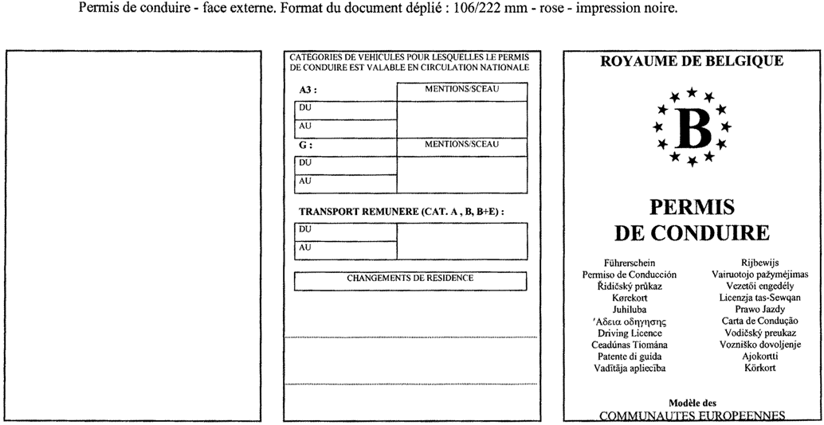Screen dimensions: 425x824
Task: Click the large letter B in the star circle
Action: pyautogui.click(x=691, y=128)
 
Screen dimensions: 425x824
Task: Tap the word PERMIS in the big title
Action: pyautogui.click(x=692, y=208)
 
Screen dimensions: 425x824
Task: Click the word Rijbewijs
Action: pyautogui.click(x=759, y=263)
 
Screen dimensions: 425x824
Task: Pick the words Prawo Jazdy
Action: pyautogui.click(x=759, y=310)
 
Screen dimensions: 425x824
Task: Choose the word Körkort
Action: pyautogui.click(x=759, y=368)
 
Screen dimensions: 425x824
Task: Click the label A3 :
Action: pyautogui.click(x=308, y=91)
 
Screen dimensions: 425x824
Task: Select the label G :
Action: pyautogui.click(x=305, y=146)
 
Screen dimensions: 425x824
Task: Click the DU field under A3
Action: pyautogui.click(x=346, y=110)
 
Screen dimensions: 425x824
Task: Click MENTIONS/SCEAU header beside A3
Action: pyautogui.click(x=461, y=89)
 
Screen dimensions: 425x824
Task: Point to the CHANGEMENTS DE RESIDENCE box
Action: pyautogui.click(x=410, y=280)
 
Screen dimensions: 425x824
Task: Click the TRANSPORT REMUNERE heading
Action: pyautogui.click(x=402, y=212)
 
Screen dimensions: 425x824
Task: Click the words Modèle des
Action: pyautogui.click(x=692, y=404)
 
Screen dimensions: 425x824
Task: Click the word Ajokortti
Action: pyautogui.click(x=759, y=357)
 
